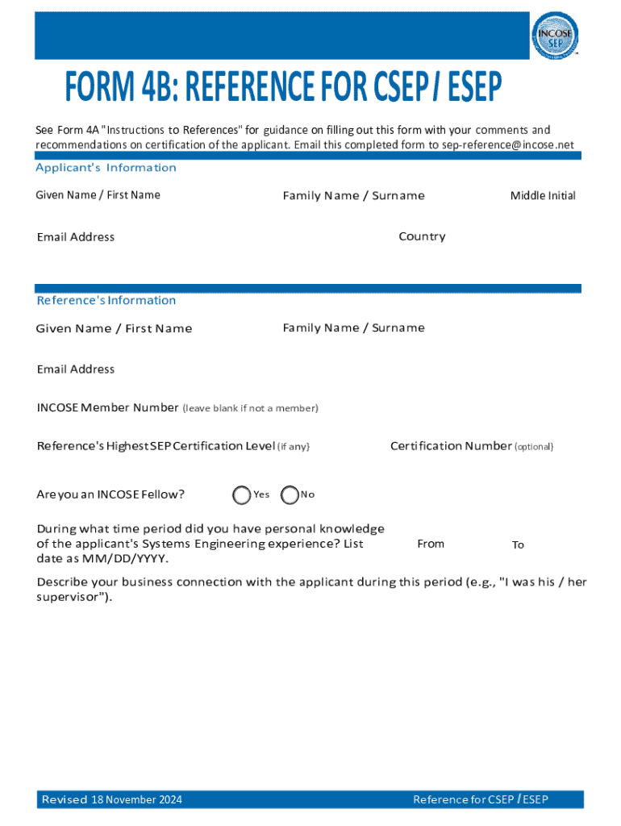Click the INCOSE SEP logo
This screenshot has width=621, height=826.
[554, 36]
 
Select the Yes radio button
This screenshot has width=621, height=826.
[241, 495]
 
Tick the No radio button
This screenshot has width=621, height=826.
[290, 495]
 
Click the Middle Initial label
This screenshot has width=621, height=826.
[543, 195]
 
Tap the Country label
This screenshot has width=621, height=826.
[422, 236]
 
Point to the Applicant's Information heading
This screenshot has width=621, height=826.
[106, 168]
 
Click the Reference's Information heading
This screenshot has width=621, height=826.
[106, 300]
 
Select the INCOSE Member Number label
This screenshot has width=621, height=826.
[107, 407]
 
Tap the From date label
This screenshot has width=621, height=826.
[431, 544]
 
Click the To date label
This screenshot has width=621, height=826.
[518, 545]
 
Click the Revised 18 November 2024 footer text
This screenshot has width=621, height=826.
[112, 799]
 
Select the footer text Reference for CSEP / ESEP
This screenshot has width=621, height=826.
[481, 799]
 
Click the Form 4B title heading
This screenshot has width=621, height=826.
[284, 87]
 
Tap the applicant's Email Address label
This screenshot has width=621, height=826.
[76, 237]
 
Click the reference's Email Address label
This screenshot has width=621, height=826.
[76, 369]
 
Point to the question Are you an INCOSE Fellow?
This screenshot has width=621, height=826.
[110, 494]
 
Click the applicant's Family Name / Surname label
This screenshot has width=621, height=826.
[353, 195]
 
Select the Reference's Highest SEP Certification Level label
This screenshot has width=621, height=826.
[156, 446]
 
